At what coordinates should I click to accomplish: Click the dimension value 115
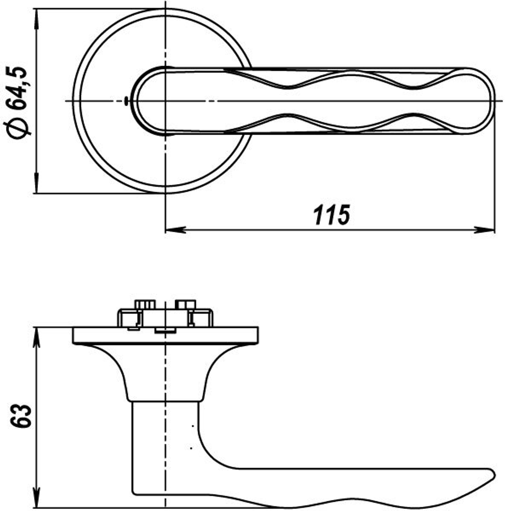[331, 215]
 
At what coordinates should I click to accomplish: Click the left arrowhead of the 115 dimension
[175, 230]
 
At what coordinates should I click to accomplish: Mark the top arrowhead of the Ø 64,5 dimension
[36, 17]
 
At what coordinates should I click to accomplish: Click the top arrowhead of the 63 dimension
[36, 336]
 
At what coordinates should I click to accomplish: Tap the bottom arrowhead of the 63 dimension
[36, 498]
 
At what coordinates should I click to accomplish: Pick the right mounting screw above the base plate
[185, 305]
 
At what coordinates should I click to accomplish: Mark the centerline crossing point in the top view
[165, 101]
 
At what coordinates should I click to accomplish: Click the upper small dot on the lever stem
[193, 427]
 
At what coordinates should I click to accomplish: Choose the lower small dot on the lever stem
[190, 448]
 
